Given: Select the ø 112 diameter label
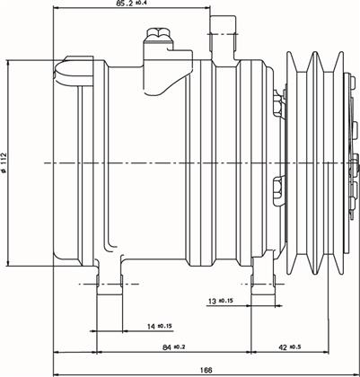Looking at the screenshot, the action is (4, 162).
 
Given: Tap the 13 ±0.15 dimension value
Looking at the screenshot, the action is (221, 301).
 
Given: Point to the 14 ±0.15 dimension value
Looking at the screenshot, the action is (160, 327).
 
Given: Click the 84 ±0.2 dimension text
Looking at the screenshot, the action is (174, 347).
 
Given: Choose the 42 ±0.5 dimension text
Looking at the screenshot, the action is (290, 347).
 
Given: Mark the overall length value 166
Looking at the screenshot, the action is (206, 370).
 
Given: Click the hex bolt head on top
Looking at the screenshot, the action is (159, 32).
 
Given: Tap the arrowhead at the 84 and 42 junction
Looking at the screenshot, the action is (250, 352).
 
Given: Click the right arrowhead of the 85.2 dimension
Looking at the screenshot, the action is (207, 8).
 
